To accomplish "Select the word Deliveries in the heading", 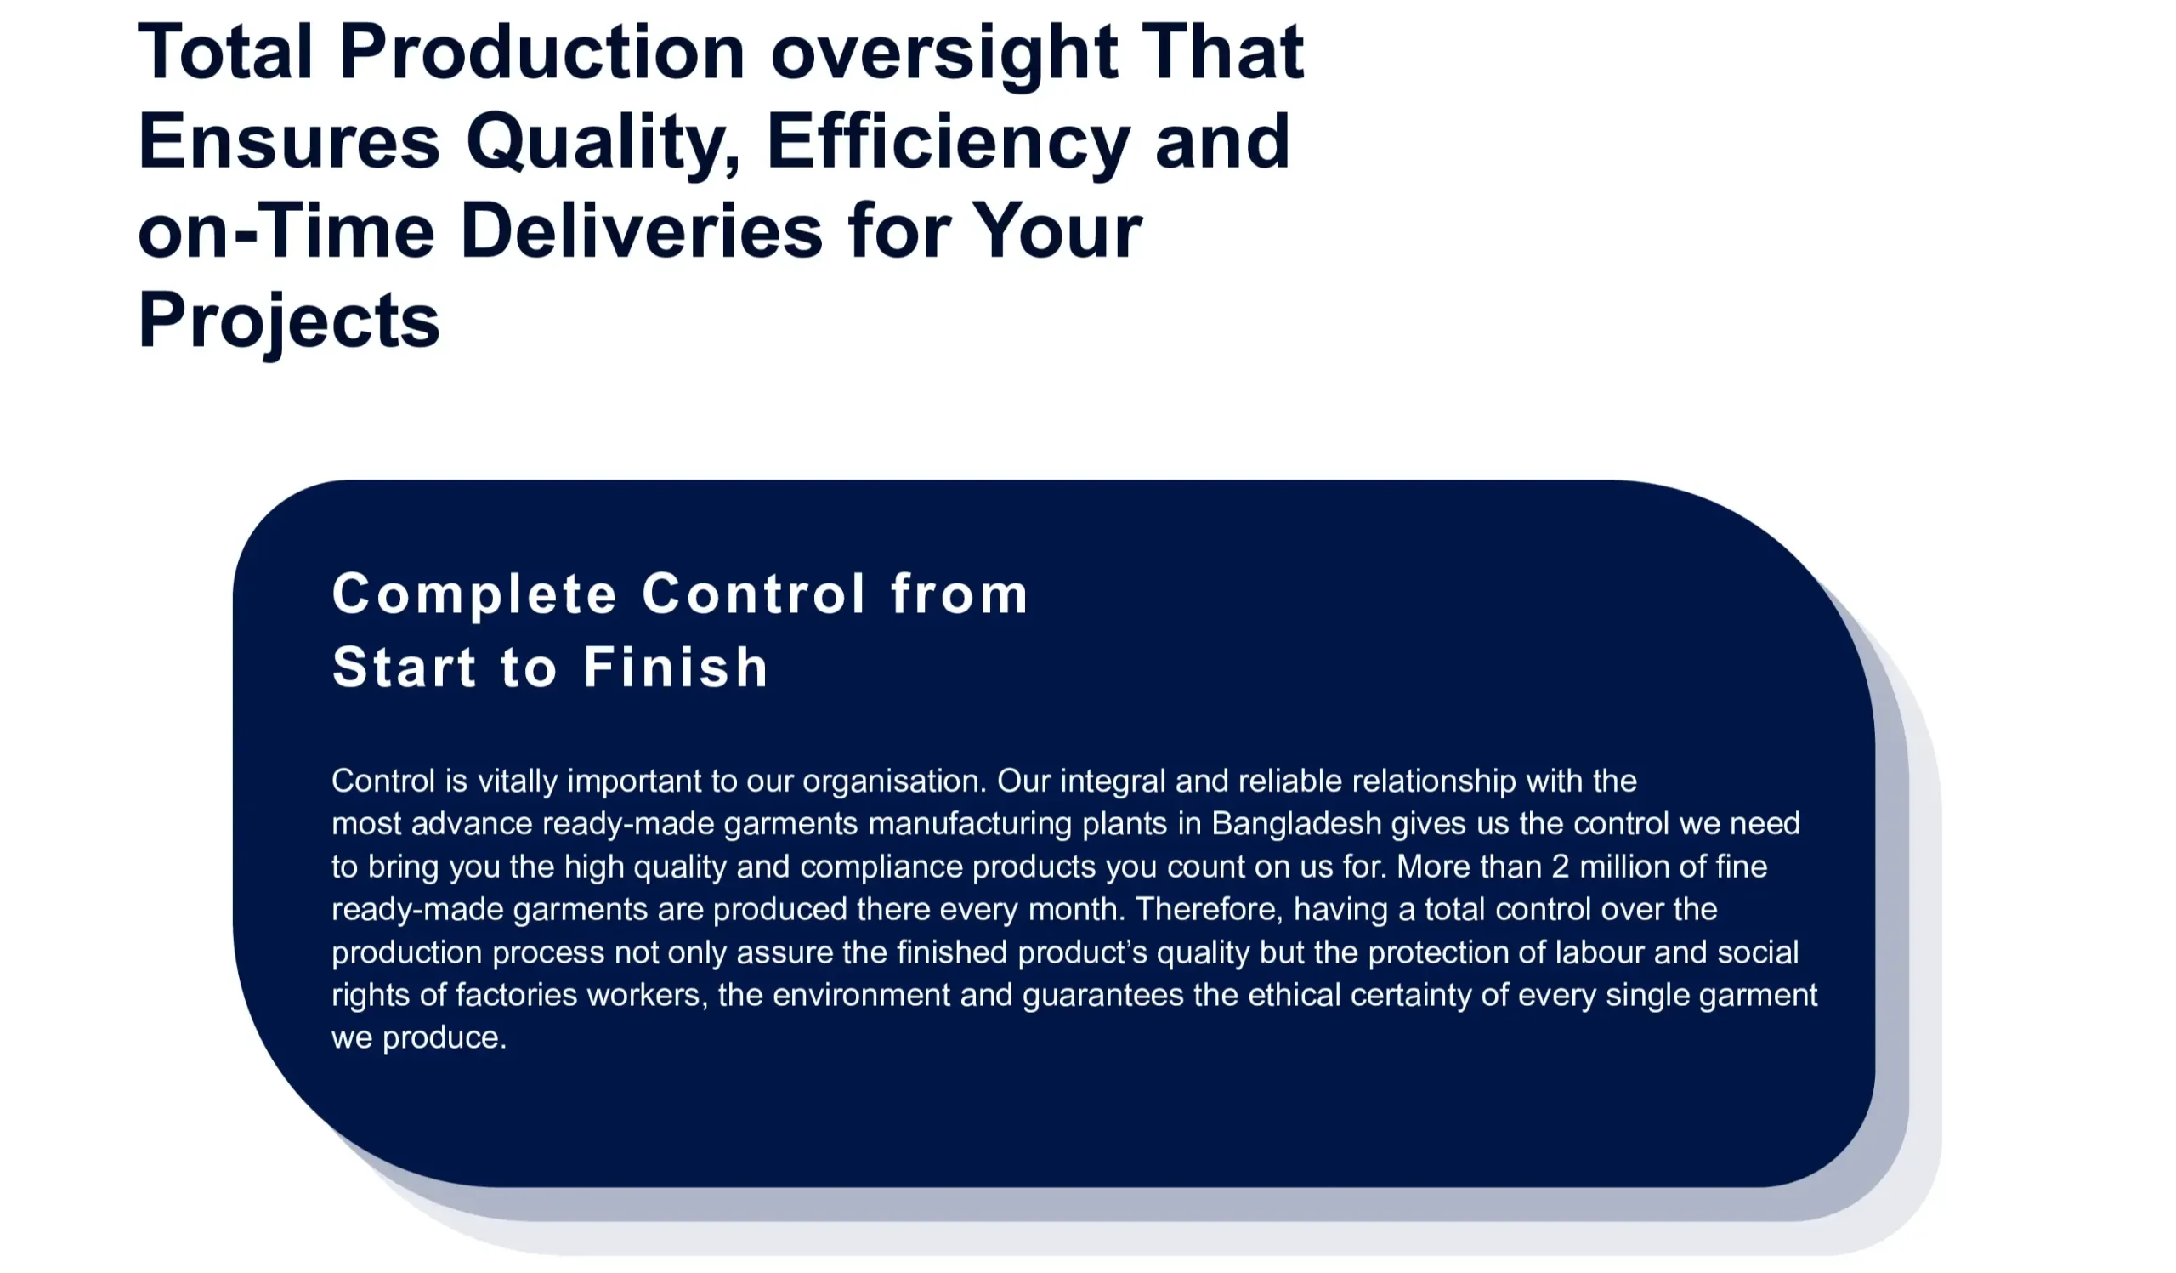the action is pyautogui.click(x=642, y=230).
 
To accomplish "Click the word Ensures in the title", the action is pyautogui.click(x=289, y=142).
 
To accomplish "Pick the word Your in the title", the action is pyautogui.click(x=1057, y=230).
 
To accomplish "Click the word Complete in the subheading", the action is pyautogui.click(x=474, y=596).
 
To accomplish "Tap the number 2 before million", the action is pyautogui.click(x=1561, y=867).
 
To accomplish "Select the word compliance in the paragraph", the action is pyautogui.click(x=881, y=867).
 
